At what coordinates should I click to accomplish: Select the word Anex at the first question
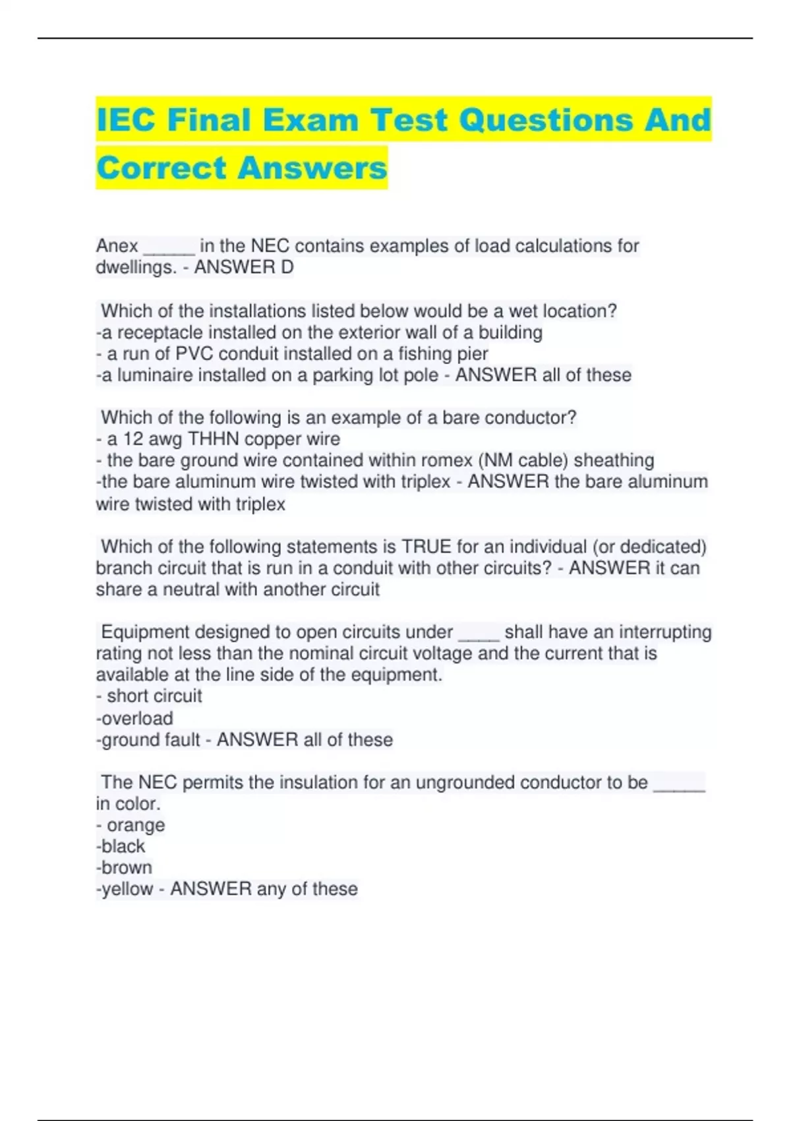pos(117,246)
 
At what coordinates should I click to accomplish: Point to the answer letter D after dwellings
pos(287,267)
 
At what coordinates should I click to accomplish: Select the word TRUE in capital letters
pos(426,547)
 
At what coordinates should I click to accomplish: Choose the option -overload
pos(134,718)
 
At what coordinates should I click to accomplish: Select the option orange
pos(136,825)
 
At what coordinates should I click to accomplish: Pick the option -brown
pos(125,868)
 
